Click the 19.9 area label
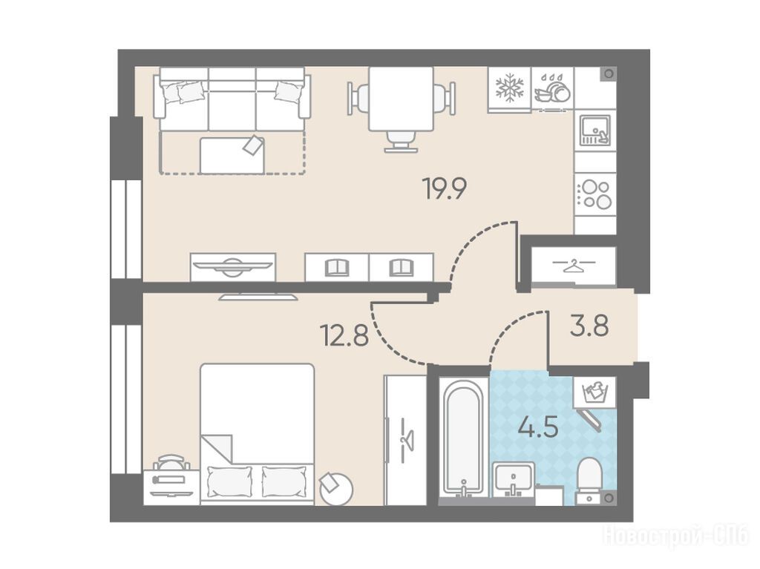[445, 188]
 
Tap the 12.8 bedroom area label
[344, 335]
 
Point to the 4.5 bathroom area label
[538, 427]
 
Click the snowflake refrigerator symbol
[509, 88]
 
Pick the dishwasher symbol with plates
[552, 89]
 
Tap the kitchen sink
[594, 131]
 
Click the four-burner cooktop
[594, 195]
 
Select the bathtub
[464, 439]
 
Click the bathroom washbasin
[514, 480]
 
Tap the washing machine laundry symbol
[595, 392]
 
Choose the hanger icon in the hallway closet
[574, 265]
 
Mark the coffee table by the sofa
[232, 155]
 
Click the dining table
[401, 99]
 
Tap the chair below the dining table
[401, 142]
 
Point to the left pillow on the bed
[229, 481]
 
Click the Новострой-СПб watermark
[675, 536]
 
